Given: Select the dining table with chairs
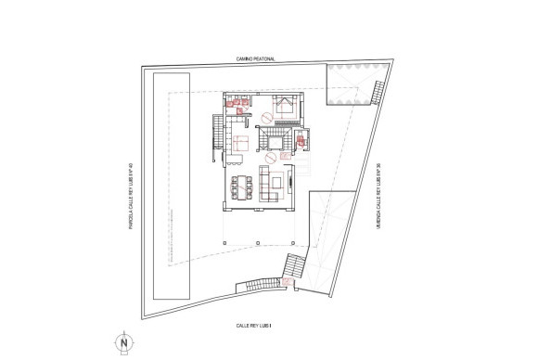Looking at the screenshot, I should point(246,186).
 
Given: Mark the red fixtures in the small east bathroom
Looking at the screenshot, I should point(302,140).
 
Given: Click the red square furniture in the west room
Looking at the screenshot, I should point(241,142).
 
